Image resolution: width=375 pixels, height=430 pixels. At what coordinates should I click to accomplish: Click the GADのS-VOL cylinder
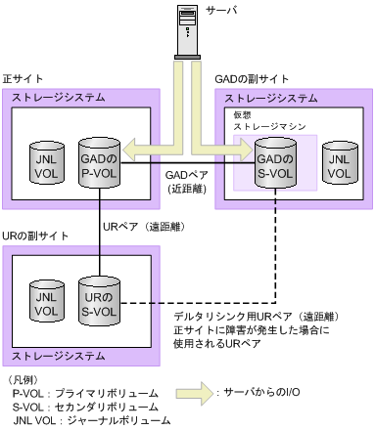tap(275, 160)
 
